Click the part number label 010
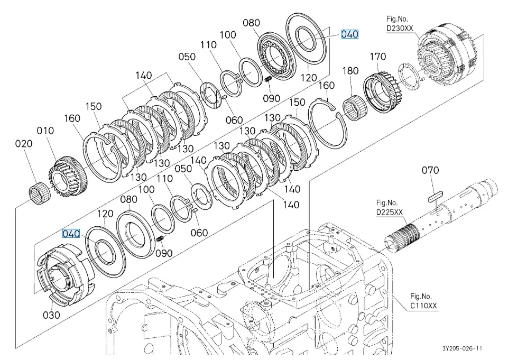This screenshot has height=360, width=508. coord(45,131)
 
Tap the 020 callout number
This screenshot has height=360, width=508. coord(24,143)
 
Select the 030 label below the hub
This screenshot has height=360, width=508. coord(51,315)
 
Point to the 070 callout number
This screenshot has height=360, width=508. coord(430,170)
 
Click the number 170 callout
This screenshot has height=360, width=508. coord(378,57)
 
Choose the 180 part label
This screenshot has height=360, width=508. coord(350,71)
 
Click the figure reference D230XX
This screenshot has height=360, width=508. coord(400,28)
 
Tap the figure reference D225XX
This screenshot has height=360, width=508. coord(390,212)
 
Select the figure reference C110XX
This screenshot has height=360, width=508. coord(423,306)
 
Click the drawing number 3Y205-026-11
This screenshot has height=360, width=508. coord(463,348)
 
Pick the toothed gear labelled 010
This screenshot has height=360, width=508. coord(67,177)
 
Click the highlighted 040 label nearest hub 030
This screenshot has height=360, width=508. coord(71,234)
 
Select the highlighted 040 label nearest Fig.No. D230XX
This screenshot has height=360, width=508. coord(350,34)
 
